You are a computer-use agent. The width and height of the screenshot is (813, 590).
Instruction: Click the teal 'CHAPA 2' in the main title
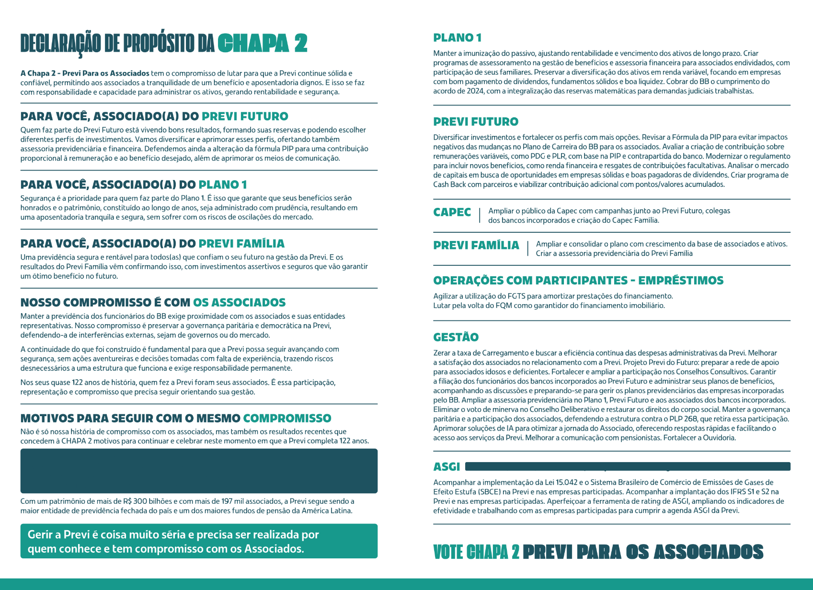pyautogui.click(x=262, y=44)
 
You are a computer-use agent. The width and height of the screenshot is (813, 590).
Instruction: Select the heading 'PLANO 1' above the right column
pyautogui.click(x=457, y=38)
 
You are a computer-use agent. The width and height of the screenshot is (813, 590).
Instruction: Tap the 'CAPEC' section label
pyautogui.click(x=452, y=212)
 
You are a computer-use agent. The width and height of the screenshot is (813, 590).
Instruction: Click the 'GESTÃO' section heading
pyautogui.click(x=456, y=337)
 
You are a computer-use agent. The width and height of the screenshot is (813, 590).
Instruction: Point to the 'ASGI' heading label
pyautogui.click(x=446, y=467)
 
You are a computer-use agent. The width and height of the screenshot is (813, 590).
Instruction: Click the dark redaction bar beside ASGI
pyautogui.click(x=628, y=466)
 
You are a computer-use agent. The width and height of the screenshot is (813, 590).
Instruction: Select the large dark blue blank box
pyautogui.click(x=199, y=471)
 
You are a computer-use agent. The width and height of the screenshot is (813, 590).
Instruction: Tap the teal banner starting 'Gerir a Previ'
pyautogui.click(x=199, y=541)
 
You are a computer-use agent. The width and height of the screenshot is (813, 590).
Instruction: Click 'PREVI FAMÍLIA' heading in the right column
pyautogui.click(x=476, y=245)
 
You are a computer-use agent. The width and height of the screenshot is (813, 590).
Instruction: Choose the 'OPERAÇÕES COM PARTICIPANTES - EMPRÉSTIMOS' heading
pyautogui.click(x=578, y=281)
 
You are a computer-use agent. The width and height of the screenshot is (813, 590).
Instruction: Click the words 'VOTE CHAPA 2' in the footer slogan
pyautogui.click(x=476, y=552)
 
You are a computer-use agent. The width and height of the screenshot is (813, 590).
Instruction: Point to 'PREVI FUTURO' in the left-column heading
pyautogui.click(x=245, y=116)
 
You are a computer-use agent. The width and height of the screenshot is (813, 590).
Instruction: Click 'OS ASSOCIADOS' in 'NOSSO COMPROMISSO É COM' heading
pyautogui.click(x=239, y=303)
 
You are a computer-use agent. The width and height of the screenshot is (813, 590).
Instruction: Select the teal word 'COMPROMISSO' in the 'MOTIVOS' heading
pyautogui.click(x=287, y=419)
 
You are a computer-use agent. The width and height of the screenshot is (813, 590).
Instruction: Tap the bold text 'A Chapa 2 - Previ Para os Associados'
pyautogui.click(x=85, y=73)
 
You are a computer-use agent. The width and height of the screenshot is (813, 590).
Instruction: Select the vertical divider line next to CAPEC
pyautogui.click(x=480, y=215)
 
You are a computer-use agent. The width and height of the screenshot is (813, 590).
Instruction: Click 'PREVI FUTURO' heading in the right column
pyautogui.click(x=476, y=122)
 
